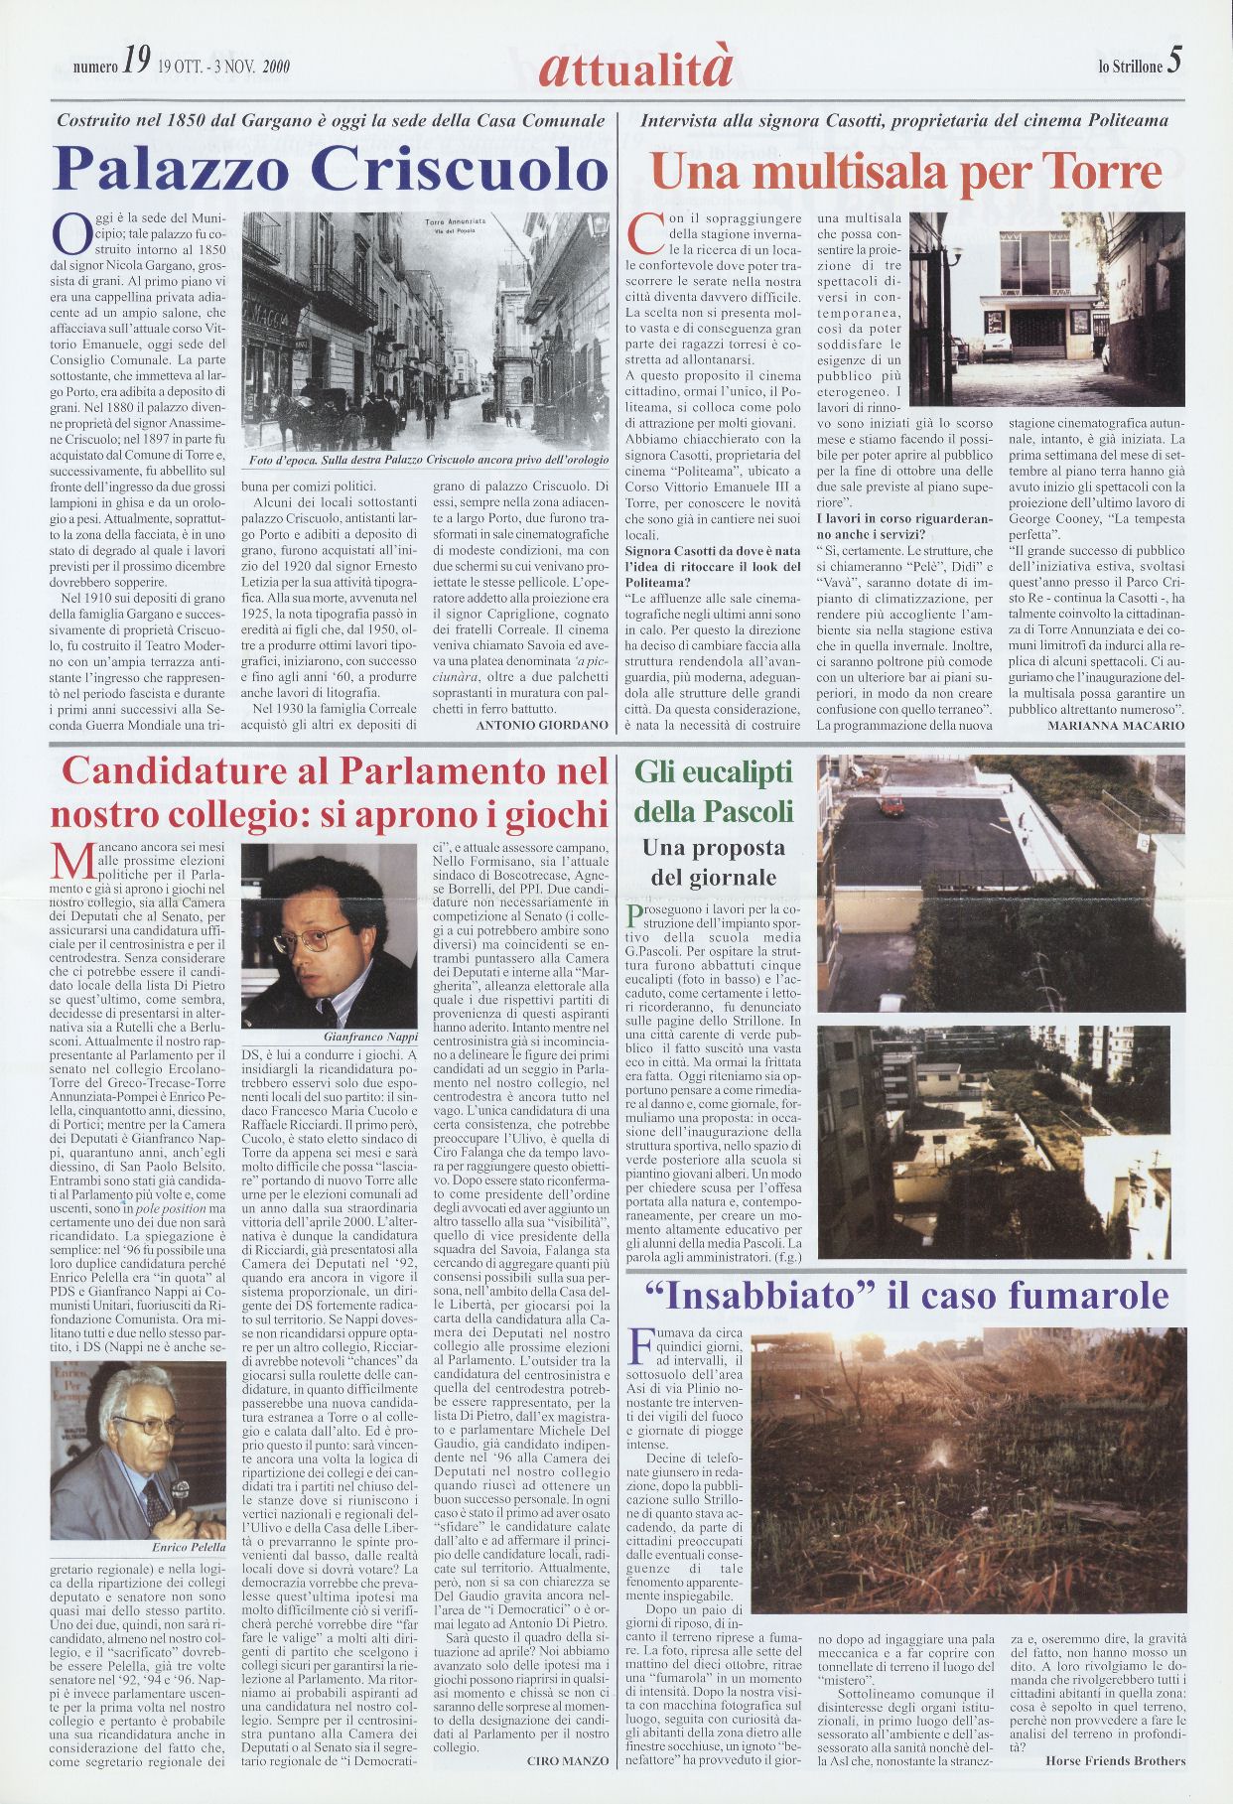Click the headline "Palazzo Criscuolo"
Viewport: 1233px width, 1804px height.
coord(331,169)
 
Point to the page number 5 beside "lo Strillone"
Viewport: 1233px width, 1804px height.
coord(1174,63)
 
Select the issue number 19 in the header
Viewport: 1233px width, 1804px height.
coord(136,67)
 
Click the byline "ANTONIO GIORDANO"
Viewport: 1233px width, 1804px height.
coord(542,726)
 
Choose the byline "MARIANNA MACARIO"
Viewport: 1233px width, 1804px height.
coord(1115,726)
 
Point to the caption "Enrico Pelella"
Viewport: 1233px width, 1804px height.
coord(189,1547)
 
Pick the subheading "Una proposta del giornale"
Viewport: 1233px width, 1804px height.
coord(713,863)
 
